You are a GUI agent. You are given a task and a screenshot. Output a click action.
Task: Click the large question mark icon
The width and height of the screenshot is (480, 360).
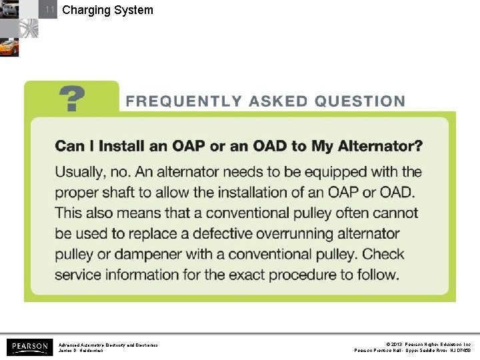tap(72, 99)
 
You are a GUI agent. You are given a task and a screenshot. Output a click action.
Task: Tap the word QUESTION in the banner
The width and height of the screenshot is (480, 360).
tap(360, 102)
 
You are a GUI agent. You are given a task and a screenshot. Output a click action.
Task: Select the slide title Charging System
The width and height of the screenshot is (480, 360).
tap(107, 10)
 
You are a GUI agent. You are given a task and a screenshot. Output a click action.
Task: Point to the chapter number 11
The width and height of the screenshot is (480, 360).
tap(49, 10)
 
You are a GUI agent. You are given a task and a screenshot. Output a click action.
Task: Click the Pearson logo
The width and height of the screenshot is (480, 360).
tap(29, 347)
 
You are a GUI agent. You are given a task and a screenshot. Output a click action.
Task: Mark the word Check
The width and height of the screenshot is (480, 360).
tap(383, 255)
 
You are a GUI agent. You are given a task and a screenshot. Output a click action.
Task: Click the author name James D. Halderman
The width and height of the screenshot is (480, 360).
tap(81, 351)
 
